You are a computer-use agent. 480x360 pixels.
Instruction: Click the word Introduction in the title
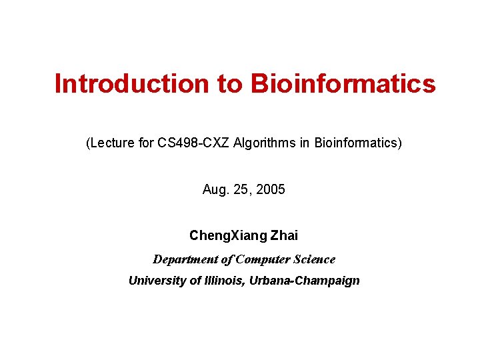pos(131,84)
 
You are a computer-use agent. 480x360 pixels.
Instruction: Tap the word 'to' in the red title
pos(229,84)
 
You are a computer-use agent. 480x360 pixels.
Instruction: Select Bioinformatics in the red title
pos(343,84)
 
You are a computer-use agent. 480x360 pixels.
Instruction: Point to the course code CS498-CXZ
pos(194,143)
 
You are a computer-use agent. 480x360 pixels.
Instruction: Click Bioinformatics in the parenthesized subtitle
pos(355,143)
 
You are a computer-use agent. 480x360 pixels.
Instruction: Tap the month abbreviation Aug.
pos(215,190)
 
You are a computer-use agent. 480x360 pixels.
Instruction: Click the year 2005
pos(270,190)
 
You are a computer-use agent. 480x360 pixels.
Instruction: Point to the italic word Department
pos(183,259)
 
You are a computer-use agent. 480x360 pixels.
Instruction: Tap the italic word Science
pos(314,259)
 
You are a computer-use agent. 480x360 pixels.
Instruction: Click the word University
pos(157,281)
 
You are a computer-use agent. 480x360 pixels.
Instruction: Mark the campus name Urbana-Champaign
pos(305,281)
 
